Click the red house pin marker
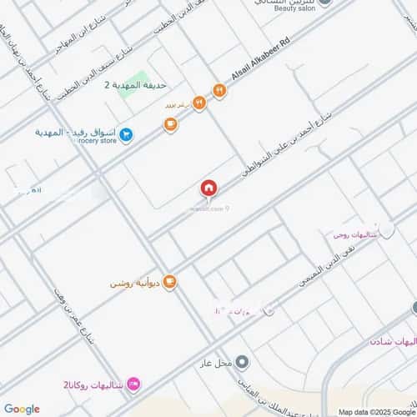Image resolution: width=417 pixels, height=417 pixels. point(208,189)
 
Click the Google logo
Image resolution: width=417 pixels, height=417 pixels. point(21,409)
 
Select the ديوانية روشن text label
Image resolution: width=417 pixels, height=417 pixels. point(134,284)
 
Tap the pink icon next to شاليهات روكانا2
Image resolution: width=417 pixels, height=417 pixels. point(133,384)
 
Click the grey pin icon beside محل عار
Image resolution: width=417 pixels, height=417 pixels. point(242,362)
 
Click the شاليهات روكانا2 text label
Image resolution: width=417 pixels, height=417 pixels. point(93,385)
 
